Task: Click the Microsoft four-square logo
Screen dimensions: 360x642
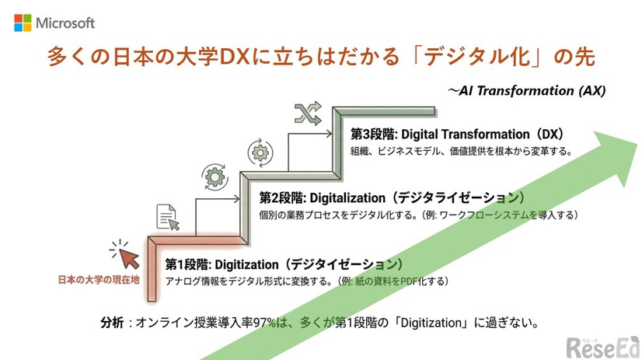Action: (23, 23)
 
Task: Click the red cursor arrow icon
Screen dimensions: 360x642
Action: (127, 254)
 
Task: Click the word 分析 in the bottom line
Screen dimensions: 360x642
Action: (112, 322)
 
